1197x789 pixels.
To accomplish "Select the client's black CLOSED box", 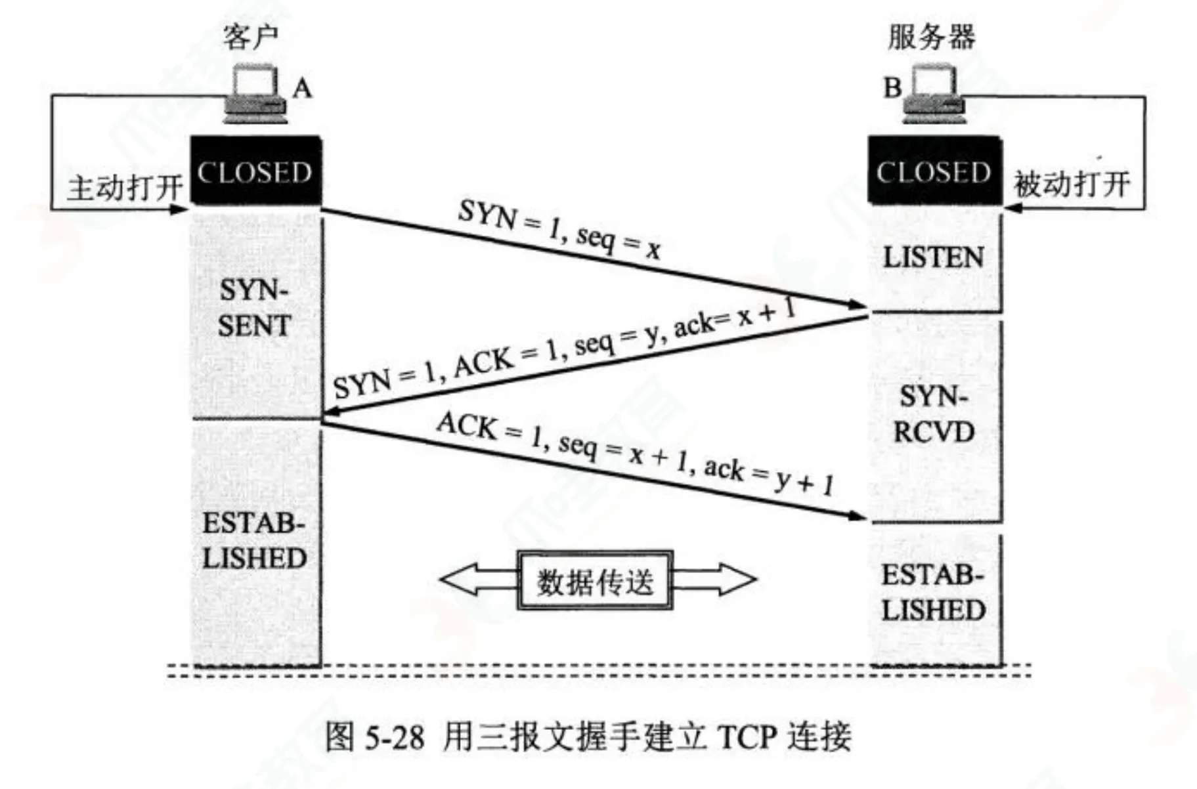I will [x=255, y=172].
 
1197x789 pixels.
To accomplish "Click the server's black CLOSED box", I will [x=934, y=172].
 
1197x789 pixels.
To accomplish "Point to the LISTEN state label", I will [x=933, y=257].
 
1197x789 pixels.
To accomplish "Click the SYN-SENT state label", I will [x=254, y=309].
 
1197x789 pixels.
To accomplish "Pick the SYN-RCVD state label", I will [x=933, y=414].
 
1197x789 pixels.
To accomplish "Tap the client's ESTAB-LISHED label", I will [x=254, y=541].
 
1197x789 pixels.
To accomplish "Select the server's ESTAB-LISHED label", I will [x=933, y=593].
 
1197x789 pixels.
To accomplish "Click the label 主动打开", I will [x=125, y=188].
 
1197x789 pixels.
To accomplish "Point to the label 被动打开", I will [x=1072, y=184].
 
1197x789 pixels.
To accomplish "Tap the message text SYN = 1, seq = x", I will [x=559, y=229].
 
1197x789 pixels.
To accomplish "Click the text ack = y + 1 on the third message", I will [x=768, y=475].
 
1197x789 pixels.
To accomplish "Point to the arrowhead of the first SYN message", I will [x=857, y=305].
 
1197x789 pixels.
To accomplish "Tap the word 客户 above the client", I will [x=251, y=37].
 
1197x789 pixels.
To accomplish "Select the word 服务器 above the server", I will [x=932, y=37].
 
